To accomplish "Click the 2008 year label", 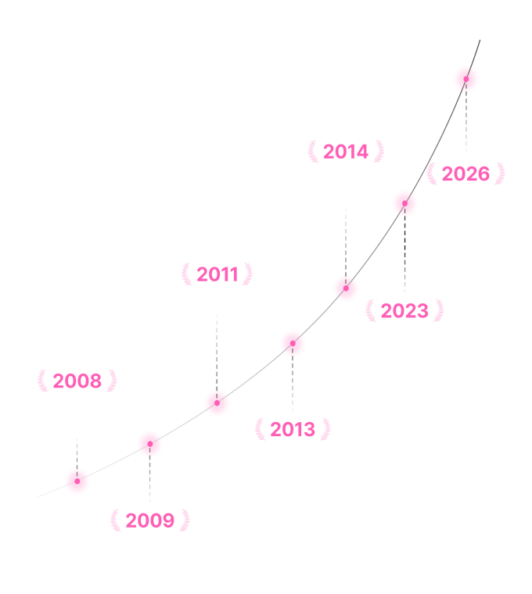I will pyautogui.click(x=77, y=381).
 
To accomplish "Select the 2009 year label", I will pyautogui.click(x=149, y=521).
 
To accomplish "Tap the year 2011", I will pyautogui.click(x=217, y=274).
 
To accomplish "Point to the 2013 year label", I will pyautogui.click(x=293, y=429).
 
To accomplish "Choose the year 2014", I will pyautogui.click(x=346, y=152).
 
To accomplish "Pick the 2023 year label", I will pyautogui.click(x=404, y=311).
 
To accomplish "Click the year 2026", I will pyautogui.click(x=465, y=174).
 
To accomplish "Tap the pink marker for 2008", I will pyautogui.click(x=77, y=481).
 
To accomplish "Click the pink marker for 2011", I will pyautogui.click(x=217, y=403).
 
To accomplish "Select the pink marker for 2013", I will pyautogui.click(x=293, y=343).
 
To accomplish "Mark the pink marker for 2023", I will pyautogui.click(x=404, y=203).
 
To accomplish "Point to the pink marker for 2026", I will pyautogui.click(x=465, y=79).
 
